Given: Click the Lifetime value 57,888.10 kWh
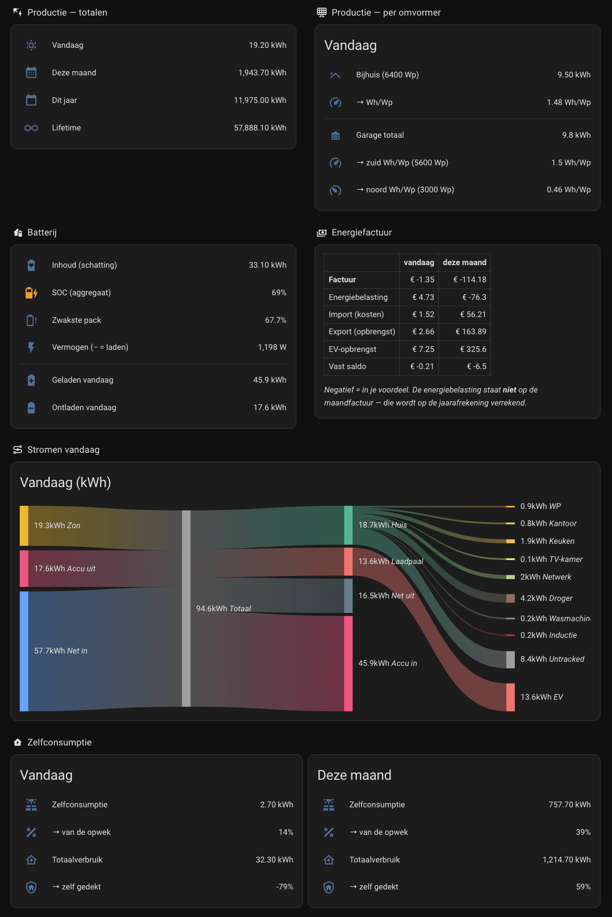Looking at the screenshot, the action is (x=260, y=128).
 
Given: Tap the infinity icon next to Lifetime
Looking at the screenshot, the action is (x=31, y=128).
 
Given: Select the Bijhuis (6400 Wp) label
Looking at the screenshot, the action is (x=387, y=75).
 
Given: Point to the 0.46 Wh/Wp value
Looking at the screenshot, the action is (x=568, y=190).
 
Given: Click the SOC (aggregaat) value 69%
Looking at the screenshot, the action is (x=279, y=293).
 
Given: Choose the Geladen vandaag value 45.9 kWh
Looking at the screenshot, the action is (x=269, y=380).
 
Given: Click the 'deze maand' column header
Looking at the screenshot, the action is (x=464, y=263).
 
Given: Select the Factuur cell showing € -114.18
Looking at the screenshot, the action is (x=470, y=280).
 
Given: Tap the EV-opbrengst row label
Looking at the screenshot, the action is (x=353, y=349).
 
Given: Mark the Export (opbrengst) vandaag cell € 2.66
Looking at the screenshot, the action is (x=423, y=332).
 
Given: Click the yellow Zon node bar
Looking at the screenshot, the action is (x=24, y=526).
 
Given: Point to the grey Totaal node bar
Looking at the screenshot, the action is (x=186, y=608).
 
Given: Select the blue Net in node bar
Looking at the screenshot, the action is (x=24, y=651).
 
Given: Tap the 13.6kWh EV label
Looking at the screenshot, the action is (x=542, y=697).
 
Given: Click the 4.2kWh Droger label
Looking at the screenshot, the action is (x=546, y=598).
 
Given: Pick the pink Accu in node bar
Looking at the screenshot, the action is (x=348, y=663).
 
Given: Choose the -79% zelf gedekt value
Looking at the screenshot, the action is (x=284, y=887).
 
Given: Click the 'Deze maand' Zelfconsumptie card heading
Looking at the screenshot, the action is (x=355, y=775).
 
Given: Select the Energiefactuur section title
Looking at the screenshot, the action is (x=362, y=232).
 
